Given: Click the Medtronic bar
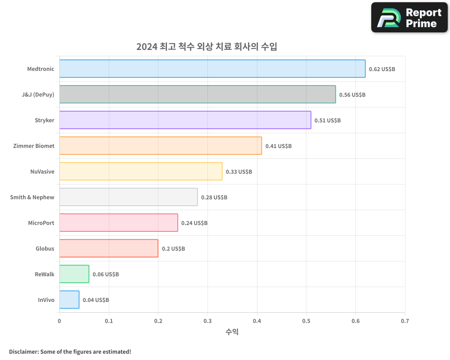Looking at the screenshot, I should point(212,69).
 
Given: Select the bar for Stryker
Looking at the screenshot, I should point(185,120).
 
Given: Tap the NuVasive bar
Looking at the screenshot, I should point(140,171).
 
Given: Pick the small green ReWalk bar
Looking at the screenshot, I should point(74,274).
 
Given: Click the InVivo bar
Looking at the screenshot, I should point(69,300).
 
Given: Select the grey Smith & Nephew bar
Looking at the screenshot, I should point(128,197).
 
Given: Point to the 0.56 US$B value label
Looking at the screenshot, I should point(352,95).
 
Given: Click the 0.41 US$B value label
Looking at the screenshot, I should point(279,146).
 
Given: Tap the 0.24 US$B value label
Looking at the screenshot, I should point(194,223).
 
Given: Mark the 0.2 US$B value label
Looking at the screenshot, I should point(173,249).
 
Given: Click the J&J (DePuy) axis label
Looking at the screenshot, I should point(38,94).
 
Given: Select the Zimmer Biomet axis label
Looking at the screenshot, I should point(34,146).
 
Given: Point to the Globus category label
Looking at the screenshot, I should point(45,248).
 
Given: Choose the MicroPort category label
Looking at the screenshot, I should point(41,223).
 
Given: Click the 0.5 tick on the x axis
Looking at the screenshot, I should point(306,321).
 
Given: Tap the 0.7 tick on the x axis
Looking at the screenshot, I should point(405,321).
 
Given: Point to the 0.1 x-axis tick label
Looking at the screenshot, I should point(109,321).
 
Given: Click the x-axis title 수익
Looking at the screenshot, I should point(232,332).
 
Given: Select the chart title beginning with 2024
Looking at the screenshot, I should point(207,47).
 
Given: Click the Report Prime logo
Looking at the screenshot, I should point(409,18).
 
